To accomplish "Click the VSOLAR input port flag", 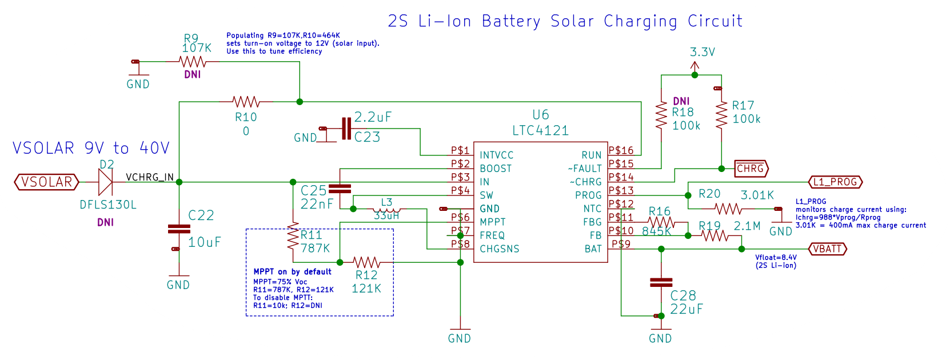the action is pyautogui.click(x=47, y=182).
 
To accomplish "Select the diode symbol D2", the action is pyautogui.click(x=106, y=182).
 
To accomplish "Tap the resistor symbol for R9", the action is pyautogui.click(x=193, y=62).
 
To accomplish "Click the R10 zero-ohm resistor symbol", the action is pyautogui.click(x=246, y=102).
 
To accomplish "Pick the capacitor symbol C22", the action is pyautogui.click(x=179, y=229).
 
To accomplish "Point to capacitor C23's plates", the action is pyautogui.click(x=346, y=129).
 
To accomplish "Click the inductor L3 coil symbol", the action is pyautogui.click(x=386, y=210).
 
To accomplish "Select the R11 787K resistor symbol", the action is pyautogui.click(x=293, y=236).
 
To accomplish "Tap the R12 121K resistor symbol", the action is pyautogui.click(x=366, y=262).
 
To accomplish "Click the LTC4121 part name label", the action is pyautogui.click(x=540, y=131).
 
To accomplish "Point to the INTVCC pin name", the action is pyautogui.click(x=496, y=155).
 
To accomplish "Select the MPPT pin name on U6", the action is pyautogui.click(x=492, y=222).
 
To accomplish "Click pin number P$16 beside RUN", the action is pyautogui.click(x=621, y=150).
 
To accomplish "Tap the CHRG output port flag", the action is pyautogui.click(x=751, y=169).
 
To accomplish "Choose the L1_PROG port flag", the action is pyautogui.click(x=836, y=182).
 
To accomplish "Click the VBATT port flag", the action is pyautogui.click(x=828, y=249).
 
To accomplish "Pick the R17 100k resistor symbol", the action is pyautogui.click(x=721, y=115).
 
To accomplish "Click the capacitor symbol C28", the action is pyautogui.click(x=661, y=282).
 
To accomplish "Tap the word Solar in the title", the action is pyautogui.click(x=573, y=21).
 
